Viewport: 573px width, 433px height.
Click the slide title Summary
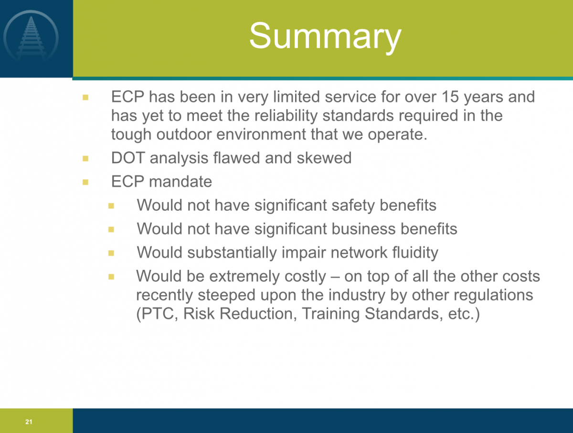(325, 37)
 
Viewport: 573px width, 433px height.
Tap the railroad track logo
(31, 37)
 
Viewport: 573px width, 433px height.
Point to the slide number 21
(29, 422)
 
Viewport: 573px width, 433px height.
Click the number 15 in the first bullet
(450, 97)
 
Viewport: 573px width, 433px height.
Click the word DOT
(128, 158)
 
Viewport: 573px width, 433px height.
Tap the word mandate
(180, 181)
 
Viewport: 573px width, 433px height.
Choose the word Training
(331, 314)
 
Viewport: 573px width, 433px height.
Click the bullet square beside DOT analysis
(85, 158)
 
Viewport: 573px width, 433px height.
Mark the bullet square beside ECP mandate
(85, 182)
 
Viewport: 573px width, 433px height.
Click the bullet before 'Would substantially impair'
(111, 253)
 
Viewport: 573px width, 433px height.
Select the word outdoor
(184, 134)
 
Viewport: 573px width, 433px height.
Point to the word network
(359, 252)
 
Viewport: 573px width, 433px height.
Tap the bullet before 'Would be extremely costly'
(111, 277)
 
